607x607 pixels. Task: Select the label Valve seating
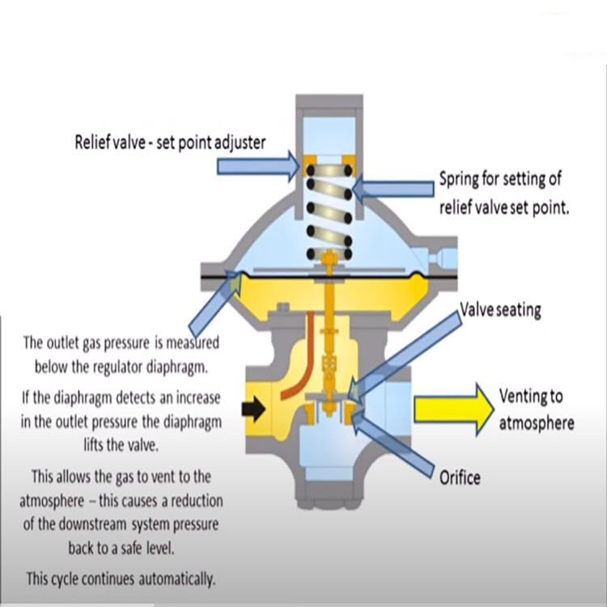coord(500,310)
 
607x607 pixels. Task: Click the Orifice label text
coord(460,477)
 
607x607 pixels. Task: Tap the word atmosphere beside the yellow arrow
coord(537,423)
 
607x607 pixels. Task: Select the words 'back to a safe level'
coord(121,549)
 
